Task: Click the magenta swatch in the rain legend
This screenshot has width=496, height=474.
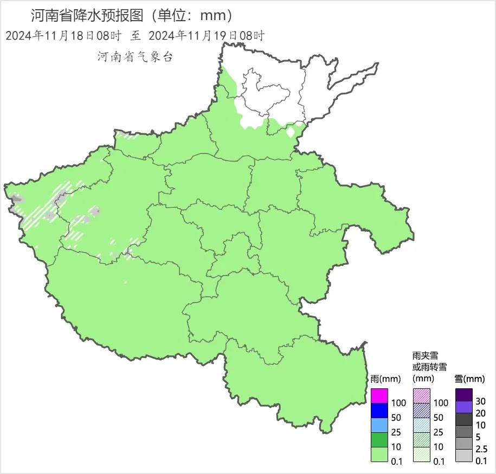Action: coord(379,396)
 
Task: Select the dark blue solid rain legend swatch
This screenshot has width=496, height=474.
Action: coord(379,411)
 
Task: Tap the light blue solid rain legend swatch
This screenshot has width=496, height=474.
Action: coord(379,425)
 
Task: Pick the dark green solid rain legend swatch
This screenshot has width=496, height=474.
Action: coord(379,440)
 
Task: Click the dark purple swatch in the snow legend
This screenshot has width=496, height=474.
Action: coord(464,394)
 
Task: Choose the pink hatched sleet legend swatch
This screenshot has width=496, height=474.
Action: coord(422,396)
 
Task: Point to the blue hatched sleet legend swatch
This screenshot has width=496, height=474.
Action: coord(422,411)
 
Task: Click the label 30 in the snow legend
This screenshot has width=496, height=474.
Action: coord(480,401)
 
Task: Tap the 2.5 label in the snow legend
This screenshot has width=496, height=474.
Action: coord(481,449)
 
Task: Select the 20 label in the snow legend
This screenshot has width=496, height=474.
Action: coord(480,413)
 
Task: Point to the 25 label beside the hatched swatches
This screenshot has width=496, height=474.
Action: coord(438,432)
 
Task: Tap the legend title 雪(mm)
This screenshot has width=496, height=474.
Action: coord(469,379)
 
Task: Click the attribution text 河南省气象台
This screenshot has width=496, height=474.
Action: coord(135,57)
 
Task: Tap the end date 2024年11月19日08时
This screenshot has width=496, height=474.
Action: coord(206,36)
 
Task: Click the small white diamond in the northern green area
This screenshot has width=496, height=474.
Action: coord(291,132)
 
